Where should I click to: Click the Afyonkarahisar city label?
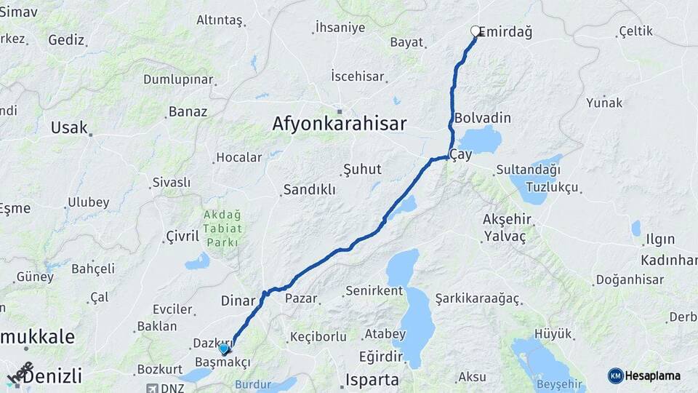tap(339, 123)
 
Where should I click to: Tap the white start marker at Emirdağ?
tap(476, 31)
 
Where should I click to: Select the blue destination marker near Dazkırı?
tap(224, 349)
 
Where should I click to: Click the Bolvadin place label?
tap(483, 118)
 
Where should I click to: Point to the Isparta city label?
tap(372, 379)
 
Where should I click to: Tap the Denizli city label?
tap(51, 376)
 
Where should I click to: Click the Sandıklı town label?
tap(309, 189)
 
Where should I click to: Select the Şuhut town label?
tap(362, 169)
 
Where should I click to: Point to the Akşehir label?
tap(508, 220)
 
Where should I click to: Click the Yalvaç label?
tap(505, 236)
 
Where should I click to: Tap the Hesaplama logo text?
tap(653, 376)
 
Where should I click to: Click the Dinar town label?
tap(238, 300)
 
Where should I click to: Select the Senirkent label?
tap(374, 291)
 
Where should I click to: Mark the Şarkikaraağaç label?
tap(478, 298)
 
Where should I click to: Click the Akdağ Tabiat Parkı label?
tap(222, 229)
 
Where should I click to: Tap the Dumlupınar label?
tap(177, 79)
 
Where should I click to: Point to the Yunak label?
tap(604, 103)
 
